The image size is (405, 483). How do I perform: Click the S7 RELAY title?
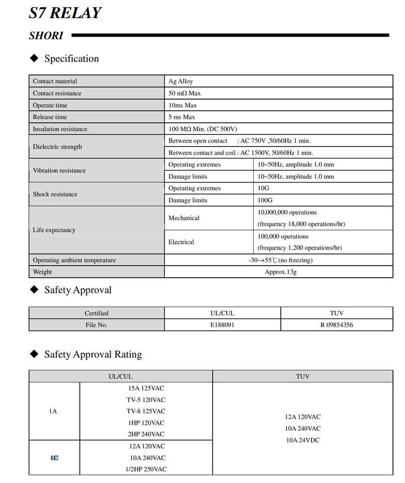tap(65, 13)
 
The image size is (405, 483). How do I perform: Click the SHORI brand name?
tap(46, 36)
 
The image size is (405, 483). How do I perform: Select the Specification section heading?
tap(71, 59)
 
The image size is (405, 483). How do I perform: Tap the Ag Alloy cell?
tap(181, 82)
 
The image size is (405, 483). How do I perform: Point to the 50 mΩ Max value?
tap(184, 94)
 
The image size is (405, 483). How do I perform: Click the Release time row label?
tap(50, 117)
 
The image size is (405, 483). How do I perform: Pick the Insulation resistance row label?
tap(60, 129)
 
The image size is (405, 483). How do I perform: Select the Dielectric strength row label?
tap(57, 147)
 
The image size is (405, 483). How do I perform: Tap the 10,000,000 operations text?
tap(287, 212)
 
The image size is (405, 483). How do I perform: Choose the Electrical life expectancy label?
tap(181, 242)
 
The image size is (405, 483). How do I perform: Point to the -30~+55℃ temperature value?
tap(280, 260)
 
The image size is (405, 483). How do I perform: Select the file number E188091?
tap(222, 325)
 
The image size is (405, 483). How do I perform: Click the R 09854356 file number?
tap(337, 325)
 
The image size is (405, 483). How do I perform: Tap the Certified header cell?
tap(96, 313)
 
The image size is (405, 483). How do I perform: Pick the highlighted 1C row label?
tap(54, 458)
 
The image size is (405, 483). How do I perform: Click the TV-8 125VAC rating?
tap(146, 411)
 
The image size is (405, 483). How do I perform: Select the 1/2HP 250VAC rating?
tap(146, 469)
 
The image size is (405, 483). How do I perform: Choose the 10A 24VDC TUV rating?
tap(302, 440)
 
